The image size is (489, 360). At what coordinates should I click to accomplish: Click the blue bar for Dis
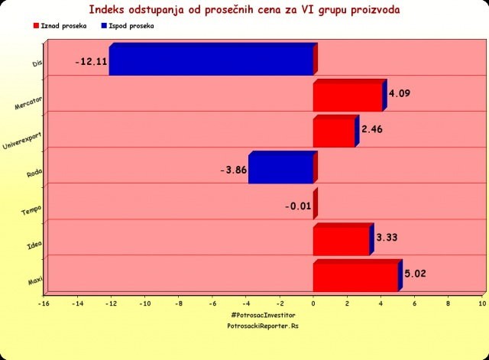point(211,62)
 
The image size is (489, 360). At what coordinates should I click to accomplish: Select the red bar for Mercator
point(348,98)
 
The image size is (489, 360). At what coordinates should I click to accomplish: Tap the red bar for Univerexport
point(334,132)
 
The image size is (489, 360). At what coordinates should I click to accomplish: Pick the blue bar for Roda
point(280,169)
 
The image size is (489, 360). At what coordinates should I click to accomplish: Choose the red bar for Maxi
point(355,277)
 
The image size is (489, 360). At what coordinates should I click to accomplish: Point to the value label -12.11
point(91,61)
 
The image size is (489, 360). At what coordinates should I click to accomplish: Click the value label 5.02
point(416,274)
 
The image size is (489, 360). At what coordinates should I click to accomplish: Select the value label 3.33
point(387,238)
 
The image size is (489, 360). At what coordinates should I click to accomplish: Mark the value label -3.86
point(233,169)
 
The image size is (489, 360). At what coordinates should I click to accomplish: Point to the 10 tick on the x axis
point(483,303)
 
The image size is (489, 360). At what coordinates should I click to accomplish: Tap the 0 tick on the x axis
point(313,303)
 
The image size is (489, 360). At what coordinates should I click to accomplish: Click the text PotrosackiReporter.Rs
point(262,325)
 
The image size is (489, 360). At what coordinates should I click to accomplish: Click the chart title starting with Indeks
point(244,11)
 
